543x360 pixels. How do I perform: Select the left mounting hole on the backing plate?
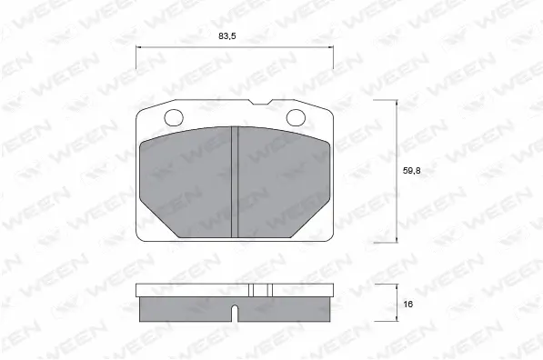pos(173,117)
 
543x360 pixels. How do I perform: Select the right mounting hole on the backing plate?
pos(297,117)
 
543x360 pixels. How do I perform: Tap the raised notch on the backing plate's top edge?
pos(262,102)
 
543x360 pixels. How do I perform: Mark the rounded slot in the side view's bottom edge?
pos(234,315)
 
